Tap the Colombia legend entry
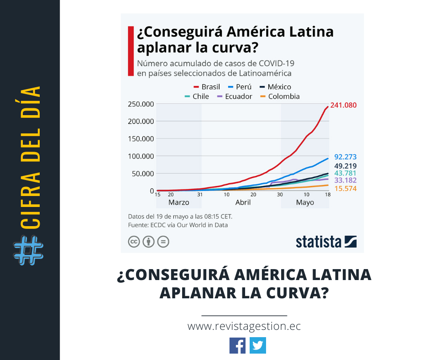tap(280, 96)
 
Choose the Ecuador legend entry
tap(235, 96)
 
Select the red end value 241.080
tap(343, 105)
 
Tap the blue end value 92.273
tap(345, 157)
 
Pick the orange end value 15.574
tap(345, 189)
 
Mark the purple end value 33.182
tap(345, 180)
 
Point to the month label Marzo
tap(178, 202)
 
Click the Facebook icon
tap(237, 345)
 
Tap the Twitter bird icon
tap(258, 345)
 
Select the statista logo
tap(326, 241)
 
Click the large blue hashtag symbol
tap(28, 251)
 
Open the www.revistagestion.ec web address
tap(244, 327)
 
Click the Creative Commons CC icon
tap(134, 242)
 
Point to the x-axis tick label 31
tap(199, 194)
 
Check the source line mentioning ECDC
tap(178, 225)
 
